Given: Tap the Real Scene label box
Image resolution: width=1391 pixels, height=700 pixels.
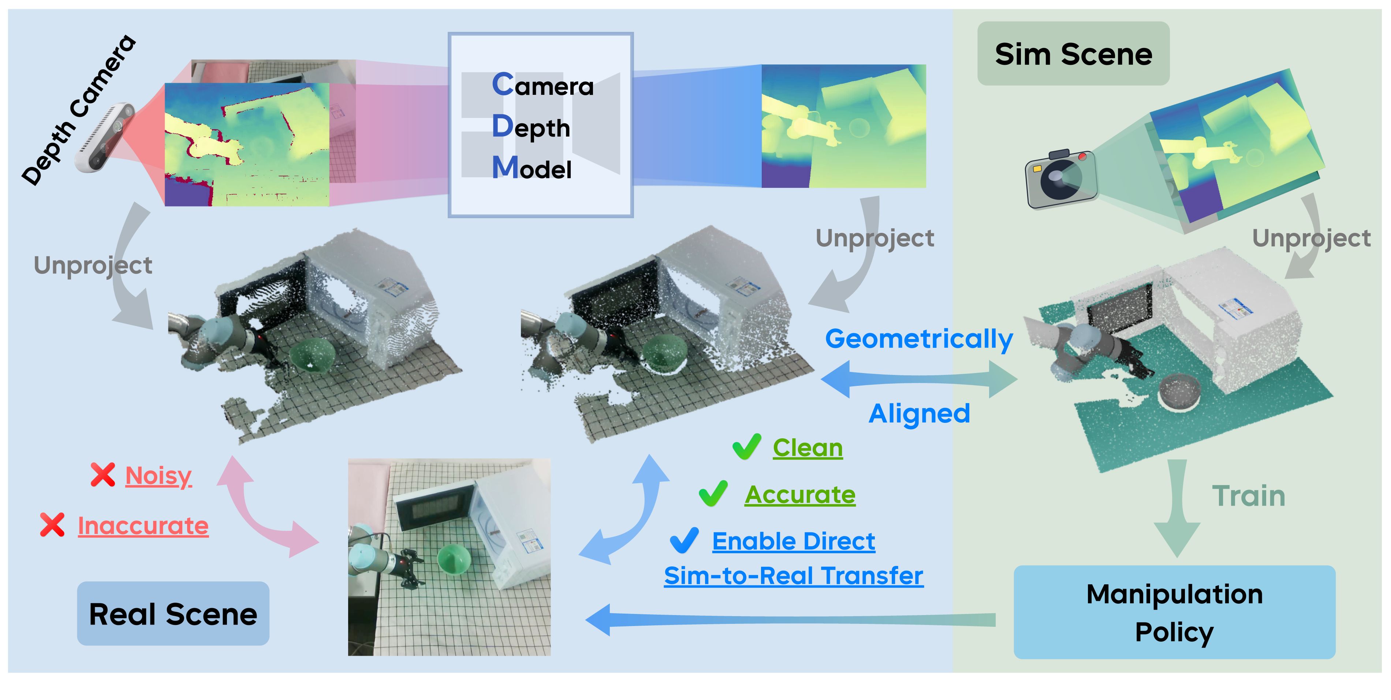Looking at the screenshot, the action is coord(173,614).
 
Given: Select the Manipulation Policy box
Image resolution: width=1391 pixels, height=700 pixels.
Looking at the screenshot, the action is coord(1174,612).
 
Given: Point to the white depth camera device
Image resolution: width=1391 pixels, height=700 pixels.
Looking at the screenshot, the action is coord(106,137).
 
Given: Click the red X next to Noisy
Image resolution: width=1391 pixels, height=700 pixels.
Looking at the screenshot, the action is coord(102,475).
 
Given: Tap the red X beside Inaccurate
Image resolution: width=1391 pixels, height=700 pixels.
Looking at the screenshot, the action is coord(52,525).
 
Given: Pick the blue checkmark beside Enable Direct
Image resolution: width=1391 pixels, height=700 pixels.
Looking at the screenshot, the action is coord(684,540).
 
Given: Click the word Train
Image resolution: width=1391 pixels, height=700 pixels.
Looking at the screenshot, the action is coord(1249,496).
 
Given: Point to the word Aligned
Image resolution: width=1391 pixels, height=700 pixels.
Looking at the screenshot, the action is coord(919,414).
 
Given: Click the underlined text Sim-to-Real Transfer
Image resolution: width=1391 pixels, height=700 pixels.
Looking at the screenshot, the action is coord(793,576).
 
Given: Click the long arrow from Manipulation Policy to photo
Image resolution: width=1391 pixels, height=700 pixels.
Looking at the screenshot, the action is coord(791,619).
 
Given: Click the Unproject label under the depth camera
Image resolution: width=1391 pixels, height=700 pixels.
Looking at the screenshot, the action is coord(93,265).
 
